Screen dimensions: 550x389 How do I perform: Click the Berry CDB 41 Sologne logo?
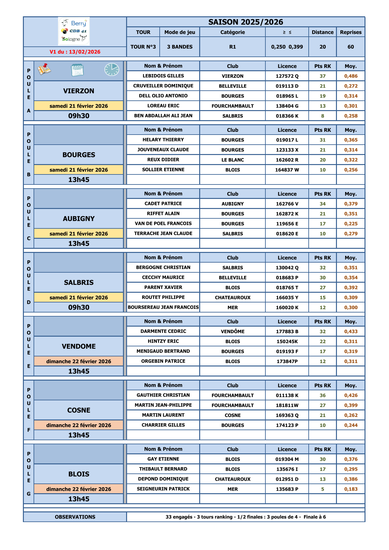point(74,31)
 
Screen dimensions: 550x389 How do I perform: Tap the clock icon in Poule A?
point(112,69)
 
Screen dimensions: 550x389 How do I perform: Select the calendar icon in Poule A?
point(77,70)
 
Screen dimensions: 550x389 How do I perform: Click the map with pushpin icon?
point(44,69)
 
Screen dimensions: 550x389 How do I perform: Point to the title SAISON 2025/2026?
point(246,22)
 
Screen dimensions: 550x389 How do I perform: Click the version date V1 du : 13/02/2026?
point(75,52)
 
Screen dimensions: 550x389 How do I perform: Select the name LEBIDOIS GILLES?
point(163,76)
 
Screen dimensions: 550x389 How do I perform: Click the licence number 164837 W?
point(287,170)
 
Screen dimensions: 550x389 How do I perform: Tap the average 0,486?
point(351,76)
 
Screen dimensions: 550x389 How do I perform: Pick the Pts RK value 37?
point(322,76)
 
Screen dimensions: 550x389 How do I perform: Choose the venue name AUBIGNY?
point(79,219)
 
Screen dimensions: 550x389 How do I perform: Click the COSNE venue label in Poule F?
point(79,410)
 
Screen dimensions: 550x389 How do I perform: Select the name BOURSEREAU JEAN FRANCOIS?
point(163,307)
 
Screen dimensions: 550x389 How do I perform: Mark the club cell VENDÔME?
point(232,331)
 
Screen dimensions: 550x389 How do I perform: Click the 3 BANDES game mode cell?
point(180,47)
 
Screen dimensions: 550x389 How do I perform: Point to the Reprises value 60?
point(351,47)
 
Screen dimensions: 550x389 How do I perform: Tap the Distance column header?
point(322,32)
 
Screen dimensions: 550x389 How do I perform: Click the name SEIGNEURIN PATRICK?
point(163,489)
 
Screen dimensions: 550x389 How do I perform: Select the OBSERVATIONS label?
point(75,517)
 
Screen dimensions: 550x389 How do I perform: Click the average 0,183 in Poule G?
point(351,489)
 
